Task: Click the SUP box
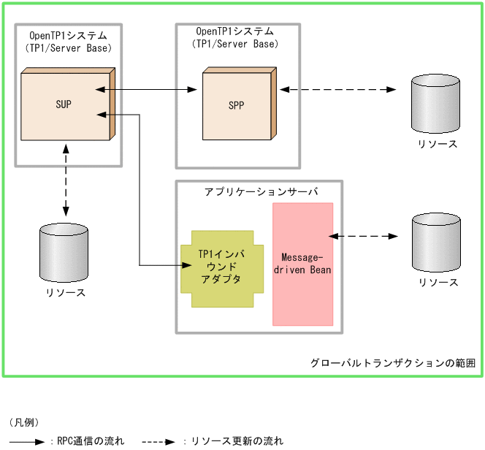(64, 105)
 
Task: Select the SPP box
(236, 105)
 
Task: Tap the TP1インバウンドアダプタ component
(221, 267)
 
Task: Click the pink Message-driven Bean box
(302, 264)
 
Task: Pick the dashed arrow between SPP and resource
(337, 90)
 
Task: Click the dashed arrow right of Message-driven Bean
(364, 236)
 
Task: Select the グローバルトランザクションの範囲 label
(393, 363)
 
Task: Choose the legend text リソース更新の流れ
(237, 441)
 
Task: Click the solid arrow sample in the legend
(28, 441)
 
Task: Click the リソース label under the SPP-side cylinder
(438, 144)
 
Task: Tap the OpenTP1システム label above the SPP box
(235, 31)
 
